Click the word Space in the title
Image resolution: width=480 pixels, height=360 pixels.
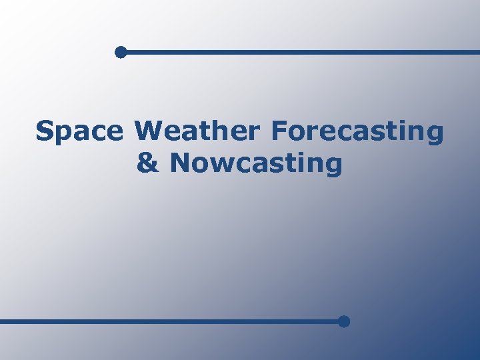[79, 131]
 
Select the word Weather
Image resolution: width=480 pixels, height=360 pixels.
[197, 131]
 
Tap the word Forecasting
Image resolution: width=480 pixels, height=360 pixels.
[357, 131]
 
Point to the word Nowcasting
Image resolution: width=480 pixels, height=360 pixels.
[256, 163]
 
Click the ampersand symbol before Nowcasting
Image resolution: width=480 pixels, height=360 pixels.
[148, 163]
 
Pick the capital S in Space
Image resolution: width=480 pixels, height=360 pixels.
[44, 131]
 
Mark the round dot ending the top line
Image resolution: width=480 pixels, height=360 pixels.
[120, 52]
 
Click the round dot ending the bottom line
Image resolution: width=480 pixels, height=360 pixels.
[343, 321]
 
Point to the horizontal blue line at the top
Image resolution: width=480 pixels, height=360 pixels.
[300, 52]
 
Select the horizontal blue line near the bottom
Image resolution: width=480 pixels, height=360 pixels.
[167, 321]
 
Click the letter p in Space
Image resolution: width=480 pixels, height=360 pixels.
[63, 134]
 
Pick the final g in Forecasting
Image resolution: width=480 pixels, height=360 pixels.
[435, 134]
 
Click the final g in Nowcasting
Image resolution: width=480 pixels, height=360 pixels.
[334, 165]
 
